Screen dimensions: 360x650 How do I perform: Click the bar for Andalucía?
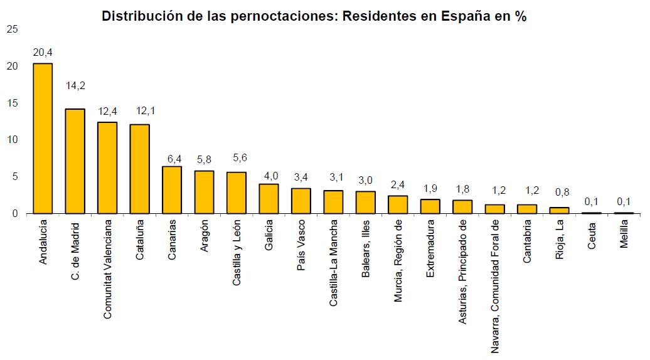[x=42, y=138]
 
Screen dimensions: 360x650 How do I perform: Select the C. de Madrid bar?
[x=75, y=161]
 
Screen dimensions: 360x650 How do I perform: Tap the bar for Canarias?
[x=172, y=189]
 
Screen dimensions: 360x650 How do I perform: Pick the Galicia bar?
[x=269, y=198]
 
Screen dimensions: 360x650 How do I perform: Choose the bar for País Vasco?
[x=301, y=201]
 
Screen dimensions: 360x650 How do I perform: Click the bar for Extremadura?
[x=430, y=206]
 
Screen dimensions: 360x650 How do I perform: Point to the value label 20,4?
[x=43, y=51]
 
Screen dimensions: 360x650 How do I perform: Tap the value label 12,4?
[x=107, y=111]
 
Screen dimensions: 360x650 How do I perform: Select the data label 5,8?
[x=204, y=159]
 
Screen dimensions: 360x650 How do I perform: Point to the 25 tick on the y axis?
[x=11, y=29]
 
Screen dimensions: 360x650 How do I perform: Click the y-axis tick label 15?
[x=11, y=103]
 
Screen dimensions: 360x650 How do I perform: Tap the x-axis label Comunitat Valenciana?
[x=107, y=268]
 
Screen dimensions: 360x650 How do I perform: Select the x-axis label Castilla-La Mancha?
[x=333, y=263]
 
